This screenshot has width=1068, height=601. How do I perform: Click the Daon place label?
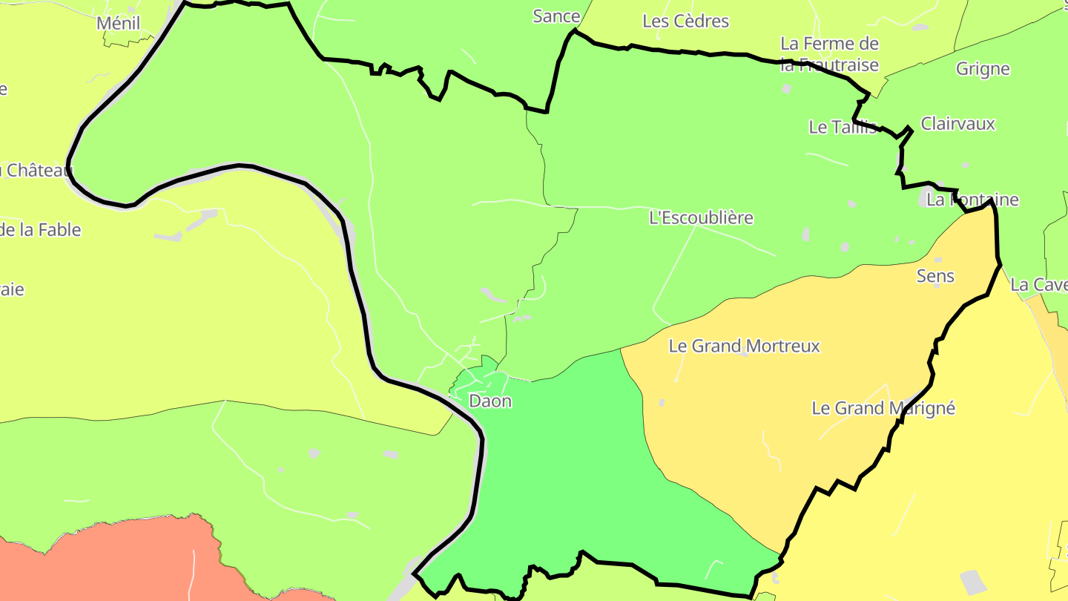pos(490,401)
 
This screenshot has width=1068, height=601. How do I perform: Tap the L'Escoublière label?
pos(701,217)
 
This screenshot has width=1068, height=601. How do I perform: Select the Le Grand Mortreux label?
pos(744,346)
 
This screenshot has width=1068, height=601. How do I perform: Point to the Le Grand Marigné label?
pos(883,408)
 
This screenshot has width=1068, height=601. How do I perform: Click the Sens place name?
pos(935,276)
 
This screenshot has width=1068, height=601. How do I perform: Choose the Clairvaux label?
pos(957,124)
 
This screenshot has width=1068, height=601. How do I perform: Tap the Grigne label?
pos(983,69)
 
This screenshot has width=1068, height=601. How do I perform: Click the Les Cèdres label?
pos(685,22)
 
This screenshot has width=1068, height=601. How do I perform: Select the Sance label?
pos(556,16)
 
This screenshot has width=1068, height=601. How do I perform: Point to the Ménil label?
pos(119,23)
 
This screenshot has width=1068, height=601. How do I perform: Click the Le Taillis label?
pos(843,127)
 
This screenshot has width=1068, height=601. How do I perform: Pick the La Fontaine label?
pos(973,200)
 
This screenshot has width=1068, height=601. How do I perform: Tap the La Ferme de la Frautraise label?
pos(829,54)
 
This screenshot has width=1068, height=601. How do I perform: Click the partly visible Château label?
pos(37,171)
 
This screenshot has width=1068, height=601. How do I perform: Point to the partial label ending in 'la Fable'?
pos(41,230)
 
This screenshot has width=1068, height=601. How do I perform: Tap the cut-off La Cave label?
pos(1039,285)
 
